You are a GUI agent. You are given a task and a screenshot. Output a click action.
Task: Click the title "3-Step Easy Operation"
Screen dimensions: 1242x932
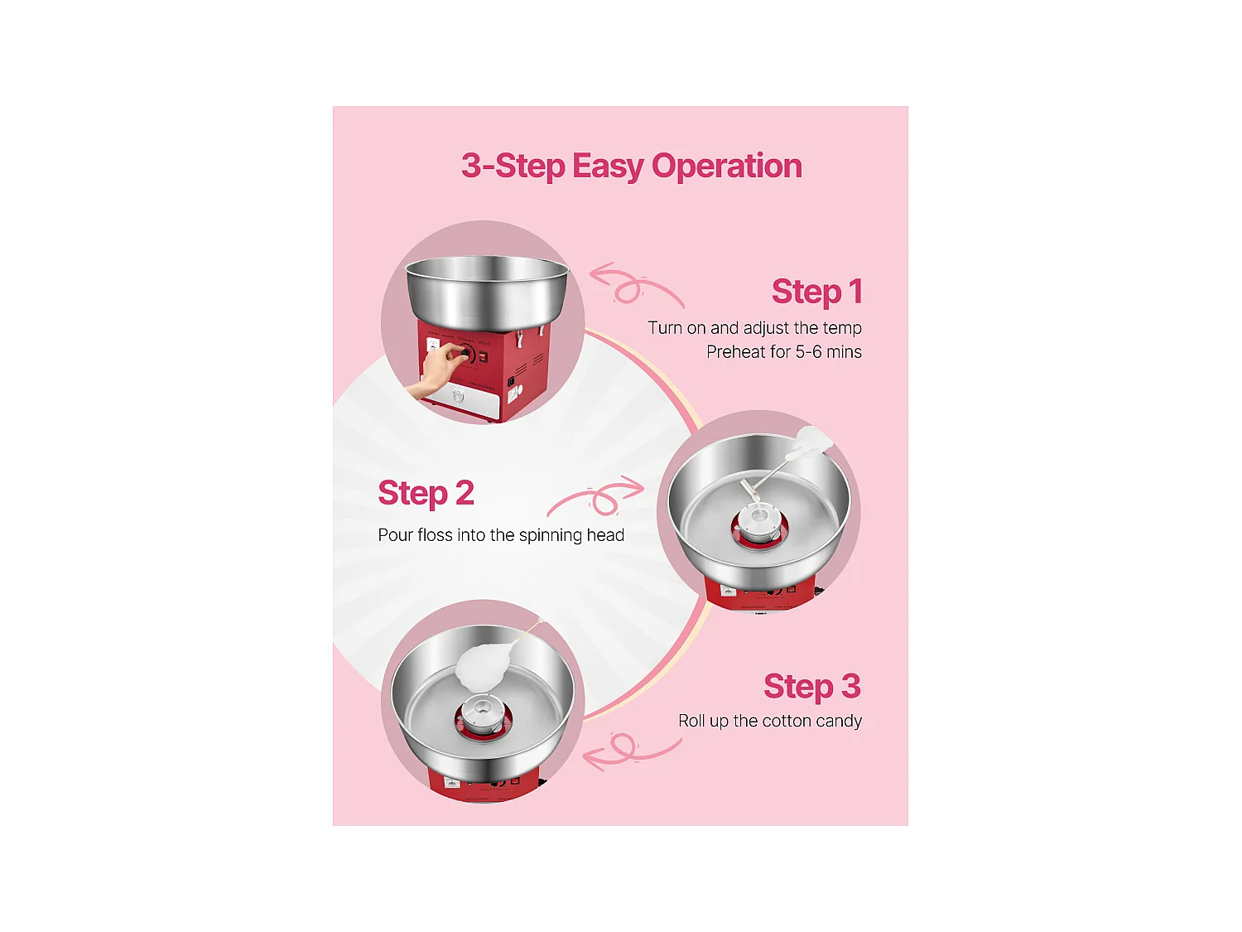pos(632,166)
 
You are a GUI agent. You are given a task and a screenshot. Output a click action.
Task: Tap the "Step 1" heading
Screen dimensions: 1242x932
pos(817,292)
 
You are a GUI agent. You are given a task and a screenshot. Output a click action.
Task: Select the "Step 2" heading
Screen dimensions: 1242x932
pos(426,493)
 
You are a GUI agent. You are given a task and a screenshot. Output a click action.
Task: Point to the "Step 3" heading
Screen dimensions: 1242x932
pos(812,687)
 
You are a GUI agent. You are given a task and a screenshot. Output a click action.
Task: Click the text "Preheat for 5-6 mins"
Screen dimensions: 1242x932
pos(783,352)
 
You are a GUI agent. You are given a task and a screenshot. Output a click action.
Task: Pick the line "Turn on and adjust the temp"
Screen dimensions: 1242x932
pos(755,327)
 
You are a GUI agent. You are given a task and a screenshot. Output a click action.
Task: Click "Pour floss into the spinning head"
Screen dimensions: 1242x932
pos(501,535)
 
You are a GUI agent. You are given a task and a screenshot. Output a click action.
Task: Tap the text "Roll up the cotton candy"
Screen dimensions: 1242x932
pos(769,721)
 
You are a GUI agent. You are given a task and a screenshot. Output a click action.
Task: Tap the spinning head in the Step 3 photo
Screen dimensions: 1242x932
pos(482,716)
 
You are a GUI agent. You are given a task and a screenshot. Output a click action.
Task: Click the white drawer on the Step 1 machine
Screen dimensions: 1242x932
pos(460,401)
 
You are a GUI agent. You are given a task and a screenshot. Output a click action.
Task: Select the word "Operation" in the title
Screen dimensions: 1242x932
pos(727,167)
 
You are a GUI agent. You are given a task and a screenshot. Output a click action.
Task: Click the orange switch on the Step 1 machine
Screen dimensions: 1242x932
pos(483,358)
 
